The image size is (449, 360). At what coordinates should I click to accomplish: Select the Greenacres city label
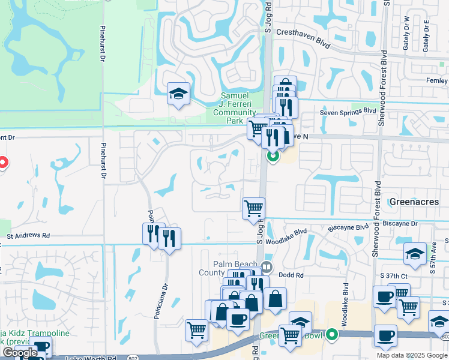[414, 202]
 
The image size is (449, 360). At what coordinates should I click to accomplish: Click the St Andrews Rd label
[28, 237]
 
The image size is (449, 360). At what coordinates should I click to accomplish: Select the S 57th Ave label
[432, 259]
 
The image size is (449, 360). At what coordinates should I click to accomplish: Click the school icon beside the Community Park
[178, 94]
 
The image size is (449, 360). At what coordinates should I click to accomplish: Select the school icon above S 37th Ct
[415, 253]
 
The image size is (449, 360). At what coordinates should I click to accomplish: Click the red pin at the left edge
[2, 163]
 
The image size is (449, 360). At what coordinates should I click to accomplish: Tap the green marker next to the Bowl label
[332, 335]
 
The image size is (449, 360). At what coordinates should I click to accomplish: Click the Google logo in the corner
[20, 353]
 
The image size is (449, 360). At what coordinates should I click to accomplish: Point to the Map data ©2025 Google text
[412, 355]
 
